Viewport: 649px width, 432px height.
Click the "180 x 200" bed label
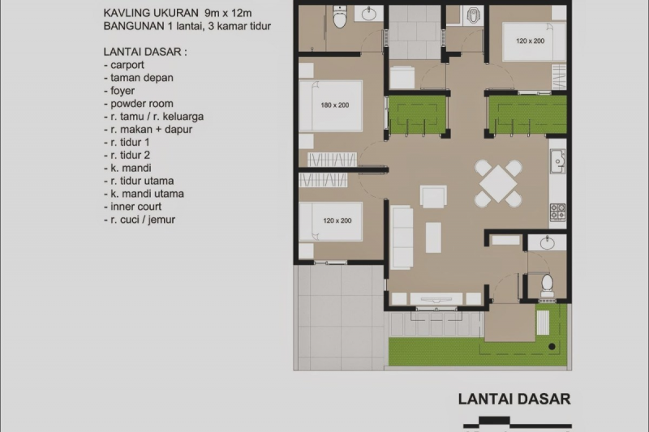(x=334, y=105)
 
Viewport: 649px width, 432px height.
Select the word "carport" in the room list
(x=124, y=65)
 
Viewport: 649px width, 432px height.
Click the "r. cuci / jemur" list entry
(x=140, y=220)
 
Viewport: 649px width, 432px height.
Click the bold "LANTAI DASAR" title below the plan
(x=514, y=399)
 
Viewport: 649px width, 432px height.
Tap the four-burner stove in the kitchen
(x=558, y=212)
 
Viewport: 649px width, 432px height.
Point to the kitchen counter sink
(x=557, y=161)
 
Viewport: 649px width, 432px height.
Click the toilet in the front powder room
(x=546, y=283)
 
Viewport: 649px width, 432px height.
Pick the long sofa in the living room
(x=402, y=236)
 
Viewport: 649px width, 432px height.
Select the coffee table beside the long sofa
(x=434, y=237)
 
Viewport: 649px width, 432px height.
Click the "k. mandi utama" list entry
(x=144, y=194)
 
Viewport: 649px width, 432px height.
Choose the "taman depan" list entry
(x=138, y=78)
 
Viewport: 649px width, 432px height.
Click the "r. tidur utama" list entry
(x=139, y=181)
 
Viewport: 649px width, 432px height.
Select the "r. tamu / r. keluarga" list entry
(x=153, y=117)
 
